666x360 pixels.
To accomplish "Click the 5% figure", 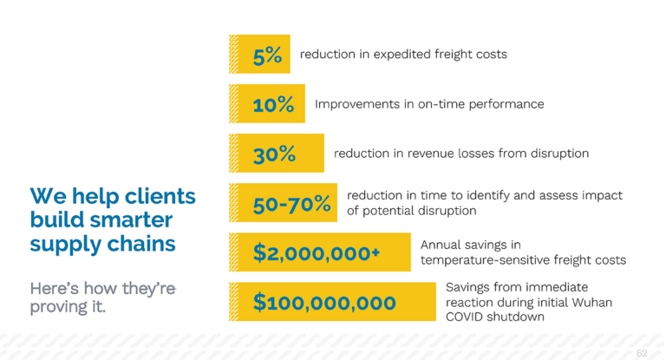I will tap(267, 56).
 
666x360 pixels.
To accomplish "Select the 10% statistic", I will tap(273, 105).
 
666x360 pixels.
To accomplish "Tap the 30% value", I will tap(274, 154).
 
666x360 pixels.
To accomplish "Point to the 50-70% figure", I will tap(291, 204).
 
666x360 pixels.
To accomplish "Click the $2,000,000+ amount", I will tap(317, 253).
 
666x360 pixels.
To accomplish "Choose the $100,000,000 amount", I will tap(324, 303).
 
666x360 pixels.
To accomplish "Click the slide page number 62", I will tap(642, 353).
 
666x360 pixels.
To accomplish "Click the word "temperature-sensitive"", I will tap(486, 260).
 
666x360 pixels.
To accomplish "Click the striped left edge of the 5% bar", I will tap(234, 54).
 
